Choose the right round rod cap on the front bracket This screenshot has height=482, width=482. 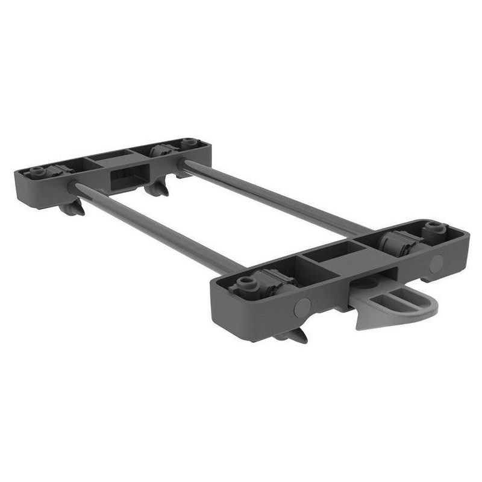coord(437,261)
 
